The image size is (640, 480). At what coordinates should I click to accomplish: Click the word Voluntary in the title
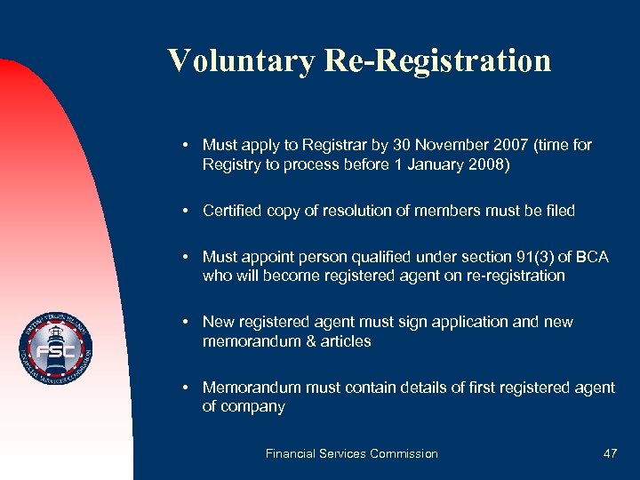pyautogui.click(x=240, y=60)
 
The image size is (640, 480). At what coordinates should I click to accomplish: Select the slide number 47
pyautogui.click(x=610, y=453)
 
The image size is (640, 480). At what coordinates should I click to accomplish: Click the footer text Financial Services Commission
pyautogui.click(x=352, y=453)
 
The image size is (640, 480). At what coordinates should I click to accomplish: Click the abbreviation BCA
pyautogui.click(x=591, y=257)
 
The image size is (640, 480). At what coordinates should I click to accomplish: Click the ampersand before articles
pyautogui.click(x=304, y=341)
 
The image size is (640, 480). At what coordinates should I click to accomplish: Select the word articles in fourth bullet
pyautogui.click(x=343, y=341)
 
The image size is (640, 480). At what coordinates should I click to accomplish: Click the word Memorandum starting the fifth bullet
pyautogui.click(x=252, y=388)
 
